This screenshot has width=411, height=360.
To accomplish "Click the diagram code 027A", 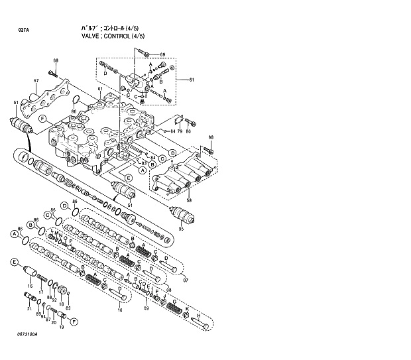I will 24,30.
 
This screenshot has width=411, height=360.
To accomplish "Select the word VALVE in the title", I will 90,36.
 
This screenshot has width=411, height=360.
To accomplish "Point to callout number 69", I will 162,54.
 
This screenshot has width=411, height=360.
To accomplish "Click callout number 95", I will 180,229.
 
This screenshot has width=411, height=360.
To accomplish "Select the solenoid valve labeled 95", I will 180,215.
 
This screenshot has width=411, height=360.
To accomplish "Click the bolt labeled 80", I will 191,121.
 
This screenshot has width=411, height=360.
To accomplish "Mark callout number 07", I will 186,280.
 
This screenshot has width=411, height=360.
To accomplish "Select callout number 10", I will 120,309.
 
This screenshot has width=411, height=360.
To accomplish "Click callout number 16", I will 30,286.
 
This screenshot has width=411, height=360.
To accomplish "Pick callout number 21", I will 29,308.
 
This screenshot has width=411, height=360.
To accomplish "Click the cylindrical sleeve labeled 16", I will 30,271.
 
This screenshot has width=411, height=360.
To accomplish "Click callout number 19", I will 62,327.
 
